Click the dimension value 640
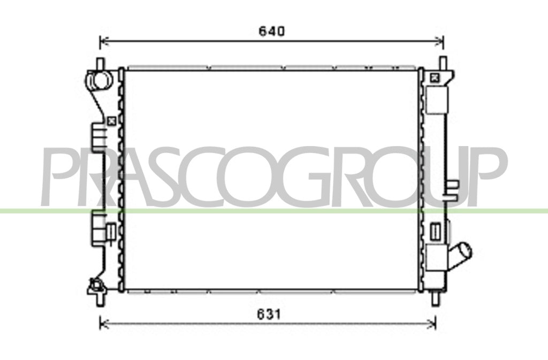coord(271,32)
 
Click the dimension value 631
coord(269,315)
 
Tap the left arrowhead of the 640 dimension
coord(104,41)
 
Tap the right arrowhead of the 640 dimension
coord(439,41)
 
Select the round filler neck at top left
coord(100,80)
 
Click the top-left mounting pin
coord(100,64)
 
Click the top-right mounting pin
coord(443,63)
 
